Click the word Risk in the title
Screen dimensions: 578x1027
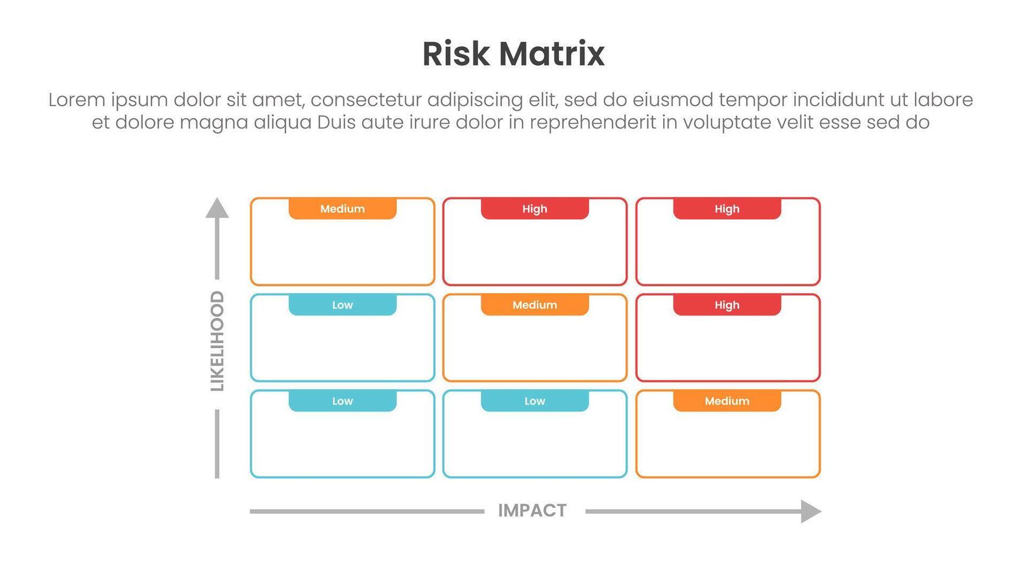456,54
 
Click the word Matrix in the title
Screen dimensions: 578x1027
551,54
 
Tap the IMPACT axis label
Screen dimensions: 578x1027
532,511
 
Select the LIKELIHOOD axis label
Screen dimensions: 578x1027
218,341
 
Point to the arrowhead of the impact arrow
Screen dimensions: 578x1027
811,511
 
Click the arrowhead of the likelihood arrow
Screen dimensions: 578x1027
217,208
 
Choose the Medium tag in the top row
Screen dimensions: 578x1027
343,209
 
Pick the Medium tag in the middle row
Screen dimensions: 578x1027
535,305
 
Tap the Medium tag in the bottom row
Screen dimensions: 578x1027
727,401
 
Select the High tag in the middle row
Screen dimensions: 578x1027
727,305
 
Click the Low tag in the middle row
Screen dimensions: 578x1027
343,305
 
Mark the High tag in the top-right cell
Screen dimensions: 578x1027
727,209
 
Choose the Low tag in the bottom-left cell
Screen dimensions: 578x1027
343,401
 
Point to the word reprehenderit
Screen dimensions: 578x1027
592,123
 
